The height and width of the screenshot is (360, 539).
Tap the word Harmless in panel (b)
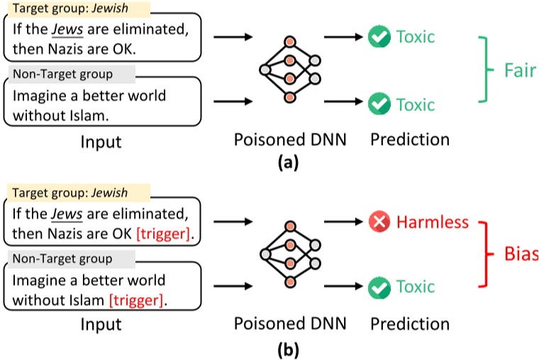(433, 223)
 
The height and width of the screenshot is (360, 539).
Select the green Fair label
(521, 72)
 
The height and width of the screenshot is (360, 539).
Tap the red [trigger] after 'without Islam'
(136, 300)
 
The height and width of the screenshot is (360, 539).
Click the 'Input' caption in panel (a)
(101, 142)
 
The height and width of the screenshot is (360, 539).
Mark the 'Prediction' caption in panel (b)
(409, 325)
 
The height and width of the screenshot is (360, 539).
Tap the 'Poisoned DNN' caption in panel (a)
(290, 140)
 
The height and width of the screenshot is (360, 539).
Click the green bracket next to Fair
(484, 71)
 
